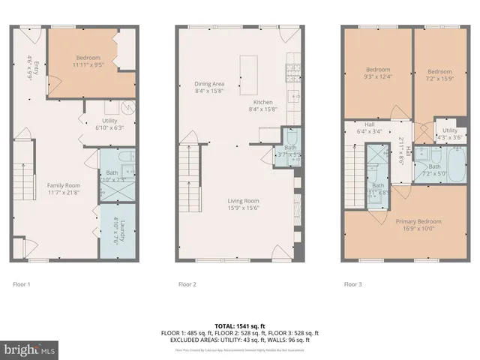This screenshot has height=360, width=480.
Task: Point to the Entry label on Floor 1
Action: pos(31,67)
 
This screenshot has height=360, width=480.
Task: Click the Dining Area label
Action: pos(209,84)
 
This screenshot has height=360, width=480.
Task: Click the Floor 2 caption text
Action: pos(187,284)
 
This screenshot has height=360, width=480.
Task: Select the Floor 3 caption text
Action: pos(352,284)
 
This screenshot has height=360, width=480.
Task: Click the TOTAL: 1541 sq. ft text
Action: pos(240,326)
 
